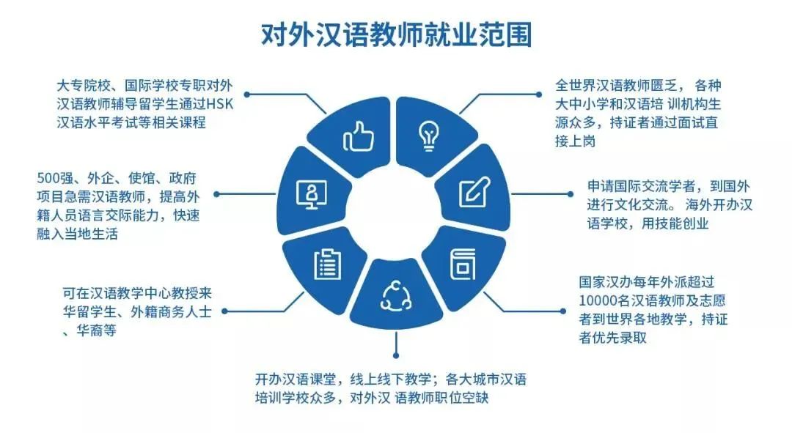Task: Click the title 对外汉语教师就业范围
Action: [396, 34]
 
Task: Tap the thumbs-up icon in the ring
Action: [359, 136]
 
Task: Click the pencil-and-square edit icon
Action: [472, 192]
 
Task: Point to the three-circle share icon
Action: [395, 295]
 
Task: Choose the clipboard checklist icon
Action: [326, 264]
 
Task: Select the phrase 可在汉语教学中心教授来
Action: [137, 294]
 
